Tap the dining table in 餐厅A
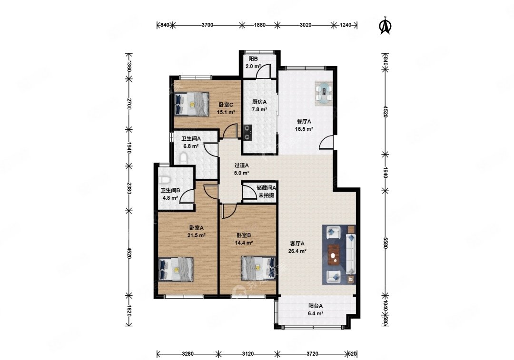tap(324, 93)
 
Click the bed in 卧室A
tap(176, 269)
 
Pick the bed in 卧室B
tap(258, 268)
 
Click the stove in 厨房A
tap(247, 132)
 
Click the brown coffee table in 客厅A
tap(335, 254)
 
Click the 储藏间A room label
tap(266, 188)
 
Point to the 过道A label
tap(242, 165)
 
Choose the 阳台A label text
tap(316, 306)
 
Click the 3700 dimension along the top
tap(207, 25)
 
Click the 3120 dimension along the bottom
tap(248, 354)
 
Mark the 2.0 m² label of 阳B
tap(253, 66)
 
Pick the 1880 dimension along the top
tap(260, 25)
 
